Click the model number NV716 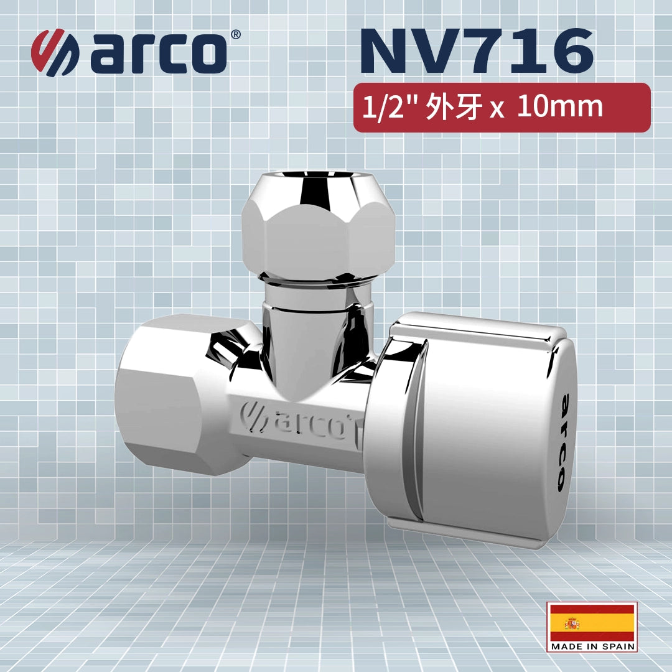476,51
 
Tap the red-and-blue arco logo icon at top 55,53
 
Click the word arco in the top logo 158,54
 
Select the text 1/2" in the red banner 386,108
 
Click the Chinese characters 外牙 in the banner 454,108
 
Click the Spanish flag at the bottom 592,622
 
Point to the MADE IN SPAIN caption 592,646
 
